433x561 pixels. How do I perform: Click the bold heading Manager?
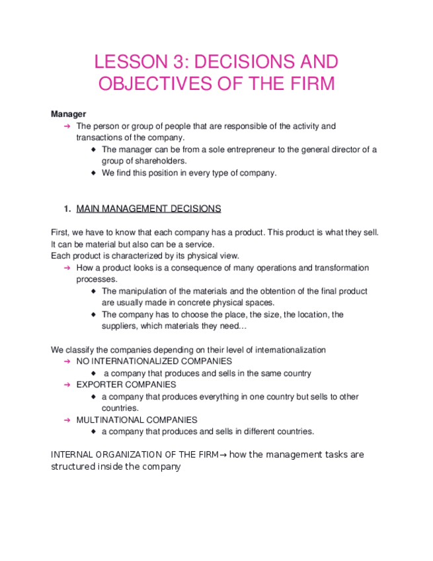(x=68, y=114)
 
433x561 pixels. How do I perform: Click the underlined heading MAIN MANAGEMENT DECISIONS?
(x=149, y=209)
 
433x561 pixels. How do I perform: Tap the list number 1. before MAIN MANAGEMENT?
(x=67, y=209)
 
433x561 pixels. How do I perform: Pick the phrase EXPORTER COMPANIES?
(x=126, y=384)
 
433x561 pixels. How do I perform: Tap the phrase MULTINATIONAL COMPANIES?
(x=137, y=420)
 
